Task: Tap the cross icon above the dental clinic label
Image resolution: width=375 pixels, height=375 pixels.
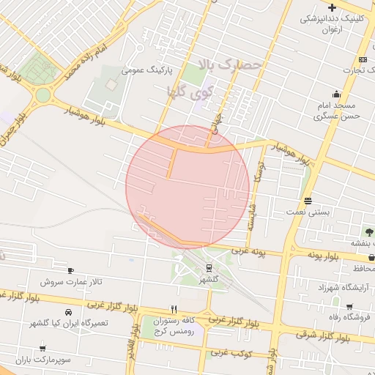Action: point(332,7)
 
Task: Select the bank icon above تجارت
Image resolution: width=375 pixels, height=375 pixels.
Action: point(363,59)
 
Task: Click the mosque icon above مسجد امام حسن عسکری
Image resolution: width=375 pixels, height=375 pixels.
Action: point(336,94)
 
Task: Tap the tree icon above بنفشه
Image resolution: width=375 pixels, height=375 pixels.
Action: point(368,232)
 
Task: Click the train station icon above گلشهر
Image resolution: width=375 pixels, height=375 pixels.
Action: point(209,268)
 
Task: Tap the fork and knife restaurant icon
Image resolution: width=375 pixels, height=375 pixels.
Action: point(174,309)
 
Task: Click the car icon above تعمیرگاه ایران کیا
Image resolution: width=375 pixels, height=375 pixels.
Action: point(68,311)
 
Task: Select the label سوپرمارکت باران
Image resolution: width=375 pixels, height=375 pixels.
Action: point(42,360)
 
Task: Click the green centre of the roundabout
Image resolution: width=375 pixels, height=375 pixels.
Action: point(43,95)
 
